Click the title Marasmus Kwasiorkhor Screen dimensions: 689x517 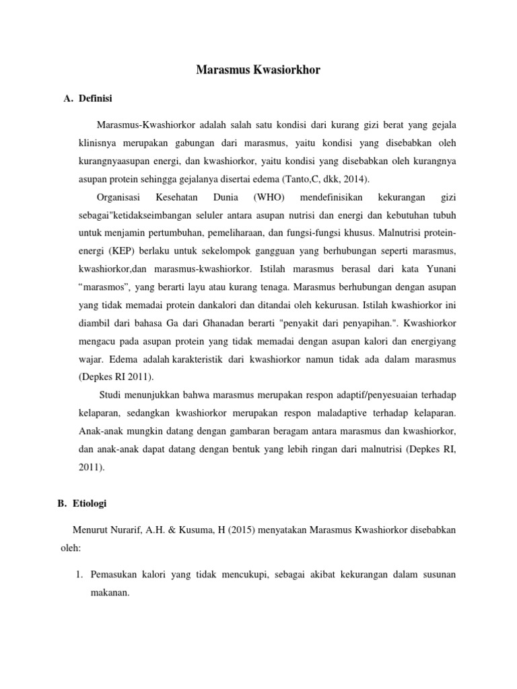(258, 70)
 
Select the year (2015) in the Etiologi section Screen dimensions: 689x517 (245, 530)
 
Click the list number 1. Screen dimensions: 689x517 (78, 575)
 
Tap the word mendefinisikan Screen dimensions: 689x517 (331, 198)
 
